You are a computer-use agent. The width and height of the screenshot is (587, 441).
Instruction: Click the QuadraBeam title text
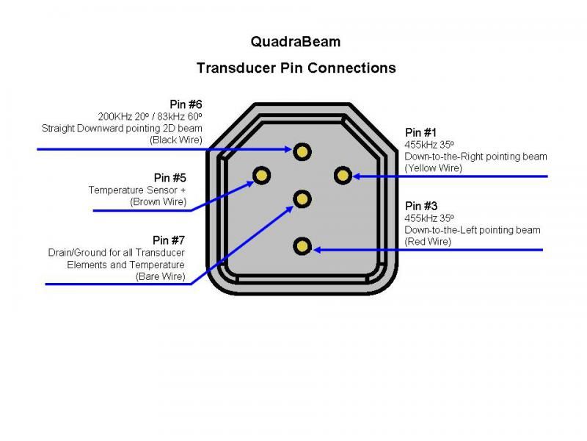point(296,42)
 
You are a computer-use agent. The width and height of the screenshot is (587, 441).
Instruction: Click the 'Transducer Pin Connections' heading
point(296,68)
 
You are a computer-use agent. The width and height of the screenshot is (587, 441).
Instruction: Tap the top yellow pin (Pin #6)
point(302,151)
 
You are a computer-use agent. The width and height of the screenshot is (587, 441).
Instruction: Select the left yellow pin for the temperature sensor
point(262,175)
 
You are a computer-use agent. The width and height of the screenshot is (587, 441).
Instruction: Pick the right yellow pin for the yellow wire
point(342,175)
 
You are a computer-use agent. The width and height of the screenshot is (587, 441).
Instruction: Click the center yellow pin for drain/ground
point(302,198)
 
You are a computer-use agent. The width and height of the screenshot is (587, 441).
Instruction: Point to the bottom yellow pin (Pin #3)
point(302,246)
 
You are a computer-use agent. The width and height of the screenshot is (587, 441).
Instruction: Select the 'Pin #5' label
point(169,178)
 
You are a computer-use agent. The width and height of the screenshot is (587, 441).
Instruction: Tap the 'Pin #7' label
point(169,240)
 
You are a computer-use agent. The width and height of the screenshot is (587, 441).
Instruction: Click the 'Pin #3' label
point(421,207)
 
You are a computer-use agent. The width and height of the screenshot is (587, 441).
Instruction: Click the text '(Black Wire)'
point(176,140)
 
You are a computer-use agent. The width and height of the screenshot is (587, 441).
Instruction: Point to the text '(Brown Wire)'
point(158,201)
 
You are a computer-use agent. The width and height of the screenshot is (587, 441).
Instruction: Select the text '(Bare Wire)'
point(160,276)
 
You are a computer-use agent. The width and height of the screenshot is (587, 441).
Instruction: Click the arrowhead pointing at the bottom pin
point(318,250)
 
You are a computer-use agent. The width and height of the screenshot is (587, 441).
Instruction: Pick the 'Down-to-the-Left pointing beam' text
point(473,230)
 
